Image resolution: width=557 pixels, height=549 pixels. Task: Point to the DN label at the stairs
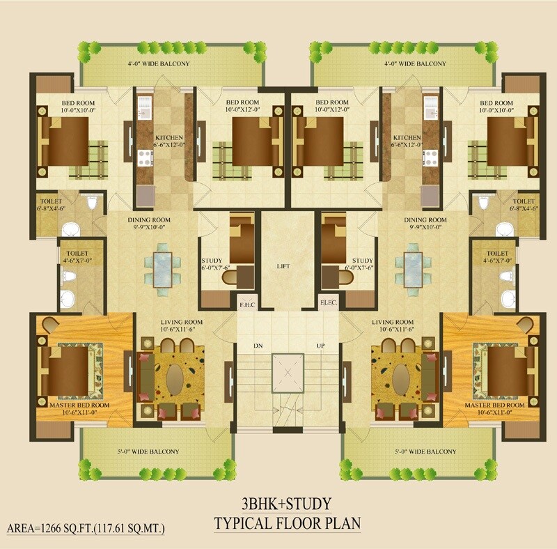257,345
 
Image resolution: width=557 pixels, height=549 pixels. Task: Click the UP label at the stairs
321,345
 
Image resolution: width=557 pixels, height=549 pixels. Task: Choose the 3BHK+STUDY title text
281,503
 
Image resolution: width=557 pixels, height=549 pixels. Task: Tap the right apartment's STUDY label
363,260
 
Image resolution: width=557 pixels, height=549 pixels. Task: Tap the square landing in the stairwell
288,369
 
